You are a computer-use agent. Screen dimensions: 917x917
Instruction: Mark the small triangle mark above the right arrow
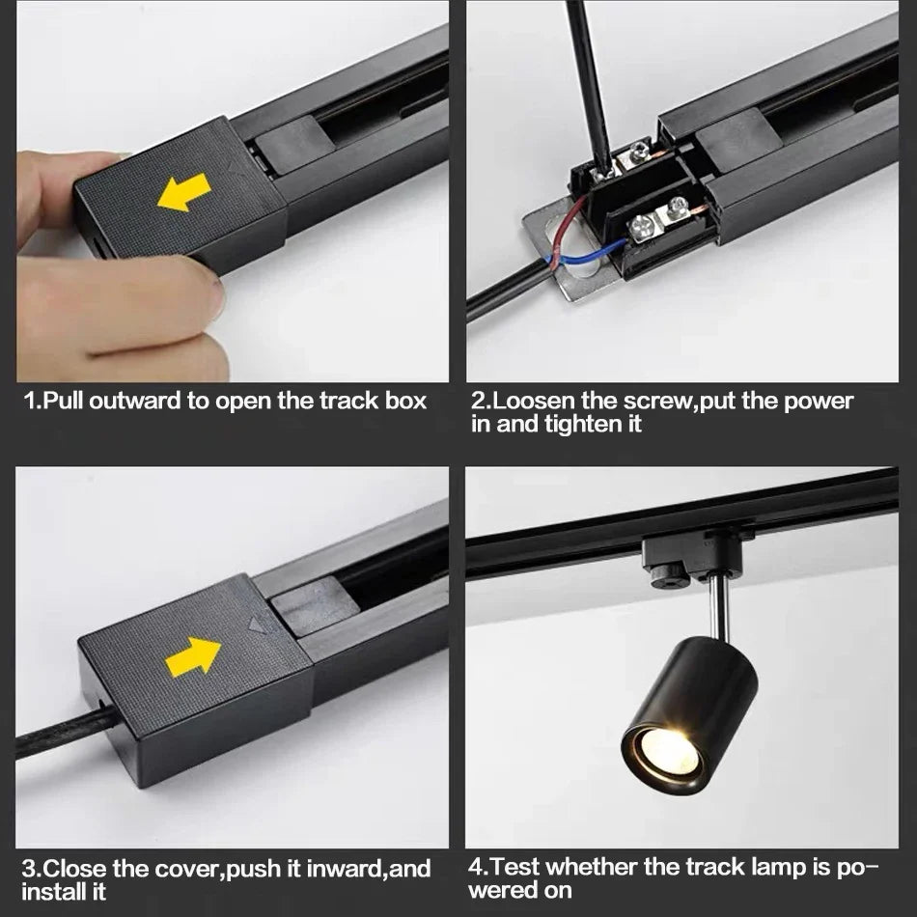tap(256, 625)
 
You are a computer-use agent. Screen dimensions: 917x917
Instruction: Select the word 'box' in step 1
tap(406, 401)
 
